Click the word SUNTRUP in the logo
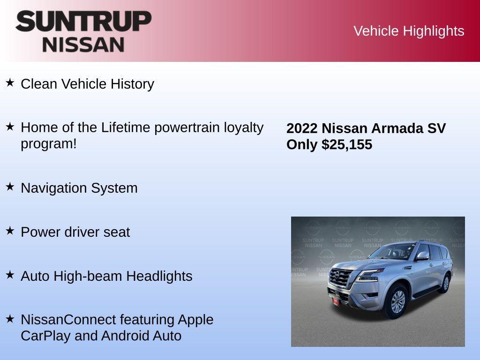(83, 22)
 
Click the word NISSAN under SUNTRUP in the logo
(83, 45)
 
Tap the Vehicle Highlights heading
(409, 31)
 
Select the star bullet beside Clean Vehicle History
(10, 83)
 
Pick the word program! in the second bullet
(48, 143)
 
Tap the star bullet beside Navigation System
(10, 187)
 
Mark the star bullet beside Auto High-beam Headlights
(10, 275)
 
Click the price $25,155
(347, 144)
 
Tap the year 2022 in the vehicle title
(302, 128)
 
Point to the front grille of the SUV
(341, 279)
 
